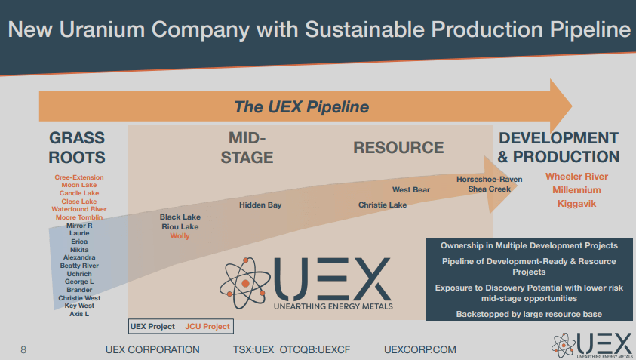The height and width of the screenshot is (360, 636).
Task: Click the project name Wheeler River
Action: pyautogui.click(x=576, y=177)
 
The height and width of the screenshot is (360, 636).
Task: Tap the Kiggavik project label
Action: pyautogui.click(x=576, y=204)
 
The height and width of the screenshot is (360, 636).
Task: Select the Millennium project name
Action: pyautogui.click(x=576, y=190)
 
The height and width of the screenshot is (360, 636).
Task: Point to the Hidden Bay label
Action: pyautogui.click(x=260, y=205)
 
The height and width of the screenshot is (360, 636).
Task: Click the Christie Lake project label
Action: pyautogui.click(x=383, y=205)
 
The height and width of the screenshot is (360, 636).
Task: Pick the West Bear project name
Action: pyautogui.click(x=411, y=190)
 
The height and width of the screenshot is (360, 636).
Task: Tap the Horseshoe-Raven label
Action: pyautogui.click(x=489, y=180)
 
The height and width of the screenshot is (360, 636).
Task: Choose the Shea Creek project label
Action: pyautogui.click(x=489, y=189)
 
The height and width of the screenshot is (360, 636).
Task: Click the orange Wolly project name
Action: pyautogui.click(x=180, y=236)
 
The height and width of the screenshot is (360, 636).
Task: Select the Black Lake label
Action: pyautogui.click(x=180, y=217)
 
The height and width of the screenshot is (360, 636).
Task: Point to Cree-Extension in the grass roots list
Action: pyautogui.click(x=79, y=177)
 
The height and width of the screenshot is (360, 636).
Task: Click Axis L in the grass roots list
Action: pyautogui.click(x=79, y=314)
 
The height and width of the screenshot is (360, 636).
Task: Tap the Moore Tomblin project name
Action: pyautogui.click(x=79, y=217)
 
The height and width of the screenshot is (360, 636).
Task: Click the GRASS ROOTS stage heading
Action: pyautogui.click(x=77, y=148)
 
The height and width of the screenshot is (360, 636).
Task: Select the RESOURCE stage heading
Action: pyautogui.click(x=398, y=148)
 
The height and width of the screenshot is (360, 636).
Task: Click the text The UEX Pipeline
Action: pyautogui.click(x=301, y=107)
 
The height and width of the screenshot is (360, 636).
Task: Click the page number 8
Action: pyautogui.click(x=23, y=349)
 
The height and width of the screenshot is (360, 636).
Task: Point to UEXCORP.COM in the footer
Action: pyautogui.click(x=420, y=349)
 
